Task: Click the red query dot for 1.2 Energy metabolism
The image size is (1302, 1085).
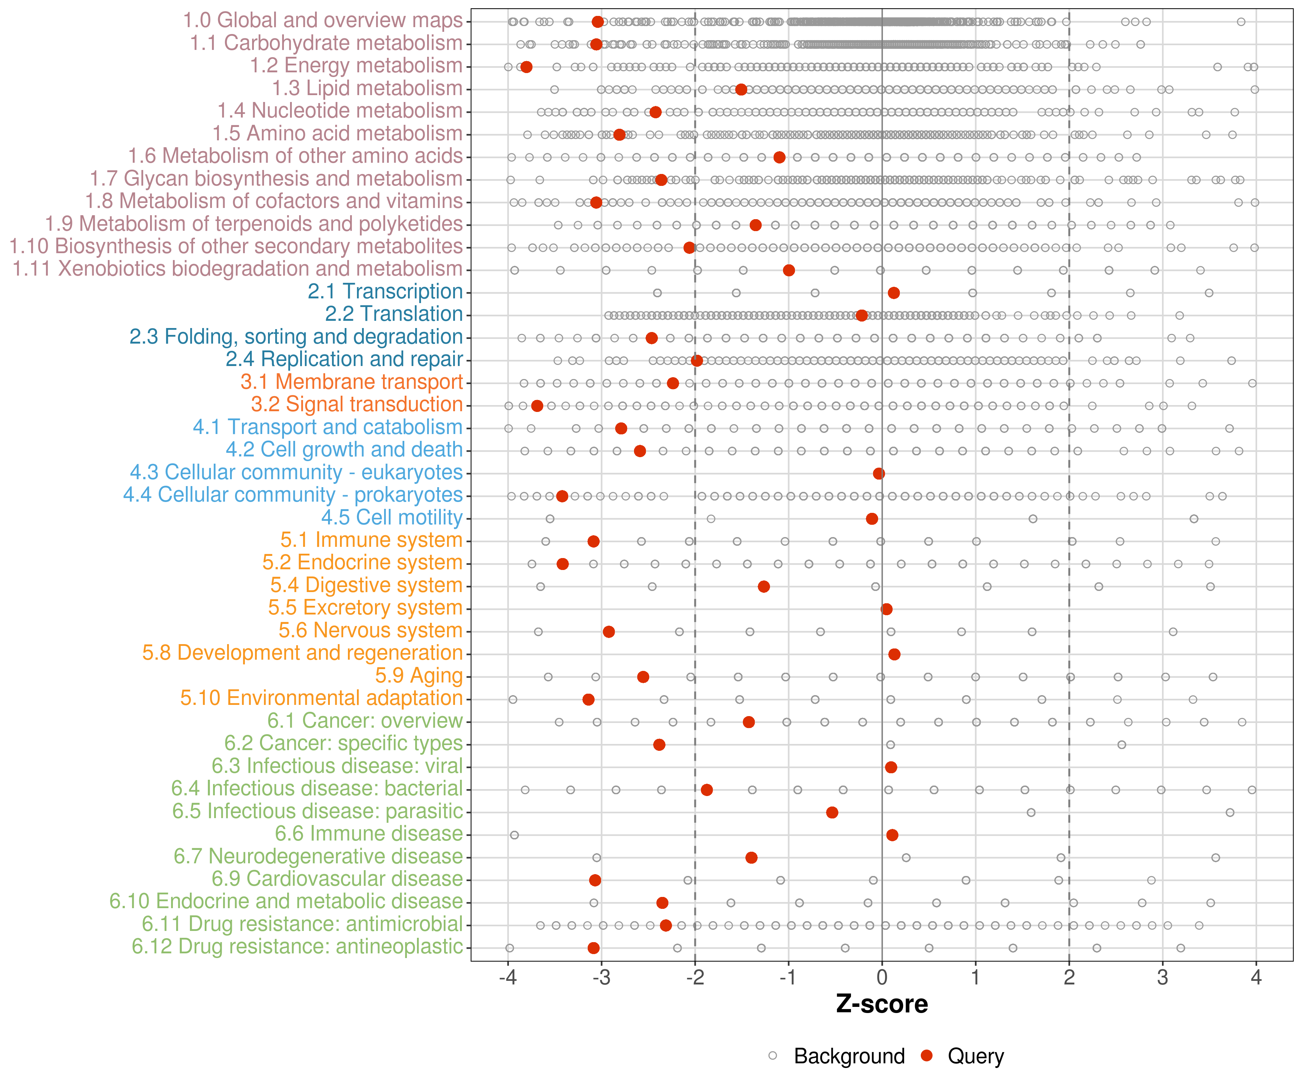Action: click(526, 67)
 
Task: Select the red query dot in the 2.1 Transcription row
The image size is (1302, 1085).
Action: click(893, 293)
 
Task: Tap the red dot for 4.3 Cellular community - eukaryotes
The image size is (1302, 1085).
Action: click(878, 474)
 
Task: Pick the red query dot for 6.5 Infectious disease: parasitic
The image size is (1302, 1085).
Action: click(832, 812)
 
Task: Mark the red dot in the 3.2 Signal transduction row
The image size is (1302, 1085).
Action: click(537, 405)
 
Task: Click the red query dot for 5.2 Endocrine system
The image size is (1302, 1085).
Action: click(562, 563)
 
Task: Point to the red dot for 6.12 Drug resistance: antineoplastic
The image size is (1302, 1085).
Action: click(593, 948)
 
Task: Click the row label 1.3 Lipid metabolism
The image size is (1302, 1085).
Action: click(367, 89)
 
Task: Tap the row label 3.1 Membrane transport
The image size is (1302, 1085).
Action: click(352, 382)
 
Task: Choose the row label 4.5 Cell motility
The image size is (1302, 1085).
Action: click(392, 517)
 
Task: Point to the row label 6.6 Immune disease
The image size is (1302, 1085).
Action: click(369, 833)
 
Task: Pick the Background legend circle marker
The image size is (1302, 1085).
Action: click(773, 1056)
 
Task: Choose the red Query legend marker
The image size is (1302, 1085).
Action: click(927, 1056)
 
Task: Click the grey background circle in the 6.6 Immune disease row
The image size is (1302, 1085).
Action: click(514, 835)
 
